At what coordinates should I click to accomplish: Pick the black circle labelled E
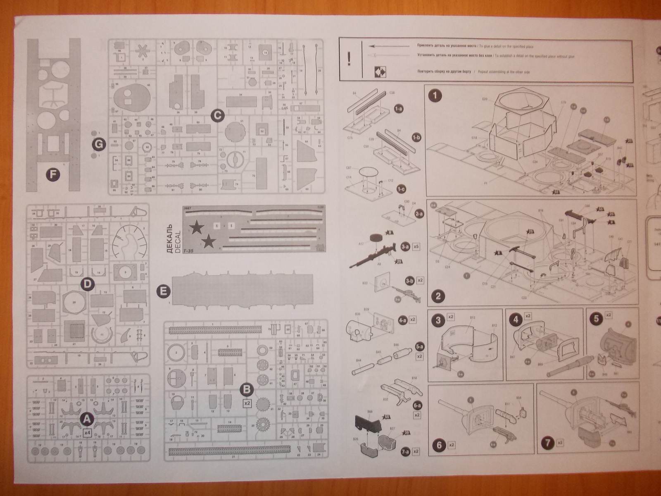164,291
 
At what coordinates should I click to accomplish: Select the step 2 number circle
438,296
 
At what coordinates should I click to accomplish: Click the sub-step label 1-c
400,188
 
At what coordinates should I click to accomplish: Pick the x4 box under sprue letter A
87,433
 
